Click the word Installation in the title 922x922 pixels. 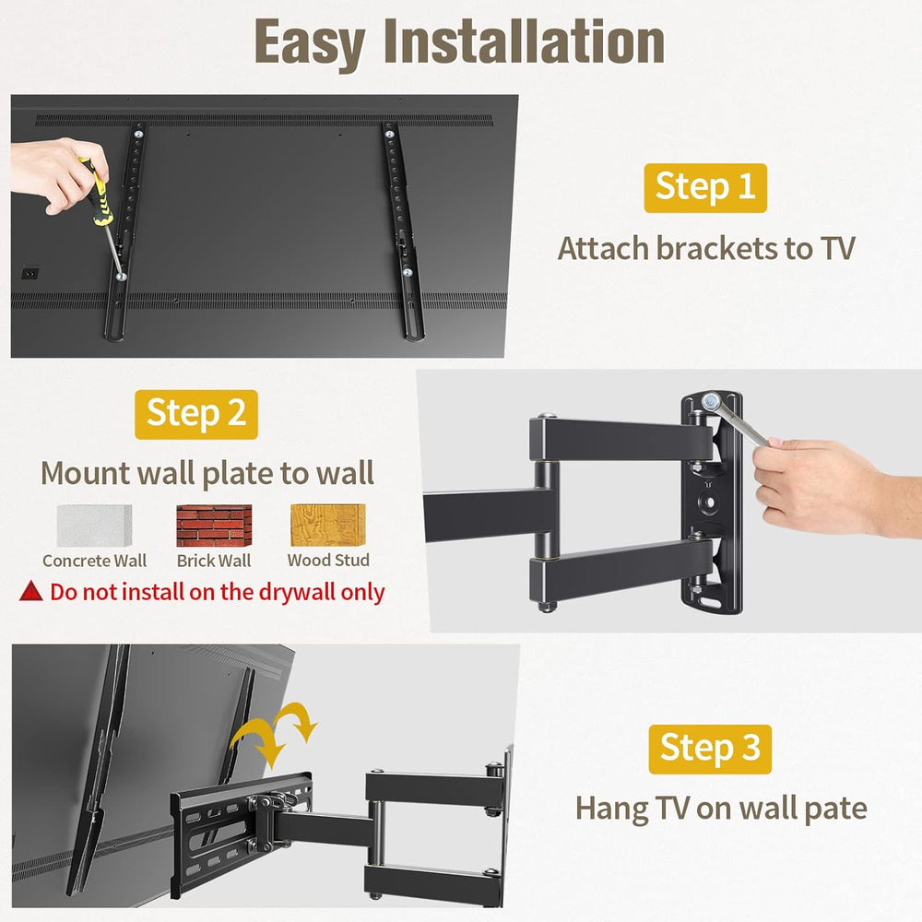(x=524, y=41)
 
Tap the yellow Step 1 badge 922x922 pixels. (x=705, y=187)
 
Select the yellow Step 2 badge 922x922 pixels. (x=196, y=413)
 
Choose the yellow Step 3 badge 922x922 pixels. (x=710, y=749)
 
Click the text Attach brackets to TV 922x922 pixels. (x=706, y=248)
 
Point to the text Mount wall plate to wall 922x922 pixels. (x=207, y=473)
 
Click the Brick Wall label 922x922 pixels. (x=214, y=561)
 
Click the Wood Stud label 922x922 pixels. (x=328, y=560)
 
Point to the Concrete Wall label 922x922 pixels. (x=94, y=561)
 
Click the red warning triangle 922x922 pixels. (x=31, y=591)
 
